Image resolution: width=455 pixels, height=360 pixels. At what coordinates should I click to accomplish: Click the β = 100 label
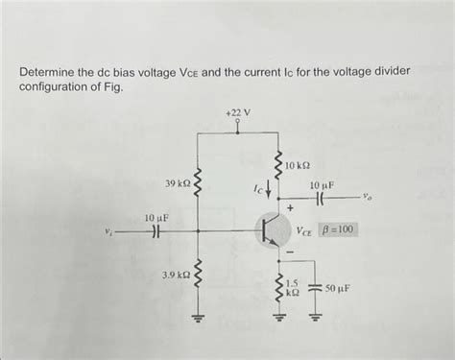tap(339, 230)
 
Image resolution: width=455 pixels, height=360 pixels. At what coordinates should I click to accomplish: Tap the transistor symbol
tap(270, 231)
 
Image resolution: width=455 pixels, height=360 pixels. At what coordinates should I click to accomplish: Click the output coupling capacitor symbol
tap(320, 202)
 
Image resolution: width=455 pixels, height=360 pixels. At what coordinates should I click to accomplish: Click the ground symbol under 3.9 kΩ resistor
tap(198, 321)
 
